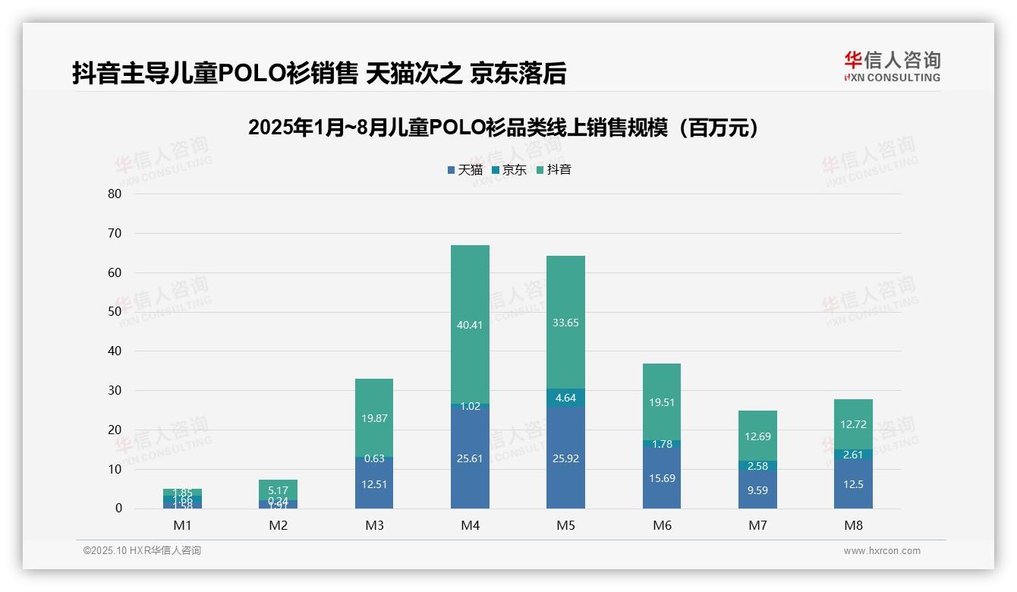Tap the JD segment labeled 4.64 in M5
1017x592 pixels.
[565, 398]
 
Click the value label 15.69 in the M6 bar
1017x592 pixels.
[662, 478]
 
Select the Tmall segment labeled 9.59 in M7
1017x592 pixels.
[757, 490]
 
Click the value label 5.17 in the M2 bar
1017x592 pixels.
[278, 490]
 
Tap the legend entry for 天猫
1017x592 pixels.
[465, 170]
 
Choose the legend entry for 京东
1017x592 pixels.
[509, 170]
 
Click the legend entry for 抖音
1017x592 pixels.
[553, 170]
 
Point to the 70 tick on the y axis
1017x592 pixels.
[115, 233]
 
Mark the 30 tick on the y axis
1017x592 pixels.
[115, 390]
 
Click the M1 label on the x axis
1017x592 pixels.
[182, 525]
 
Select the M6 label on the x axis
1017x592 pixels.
[662, 525]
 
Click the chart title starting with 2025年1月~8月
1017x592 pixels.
[505, 128]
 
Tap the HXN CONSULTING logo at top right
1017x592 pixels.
[892, 66]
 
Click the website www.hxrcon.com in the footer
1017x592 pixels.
[882, 551]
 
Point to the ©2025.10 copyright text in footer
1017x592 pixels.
[142, 551]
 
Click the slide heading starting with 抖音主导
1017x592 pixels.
[319, 73]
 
